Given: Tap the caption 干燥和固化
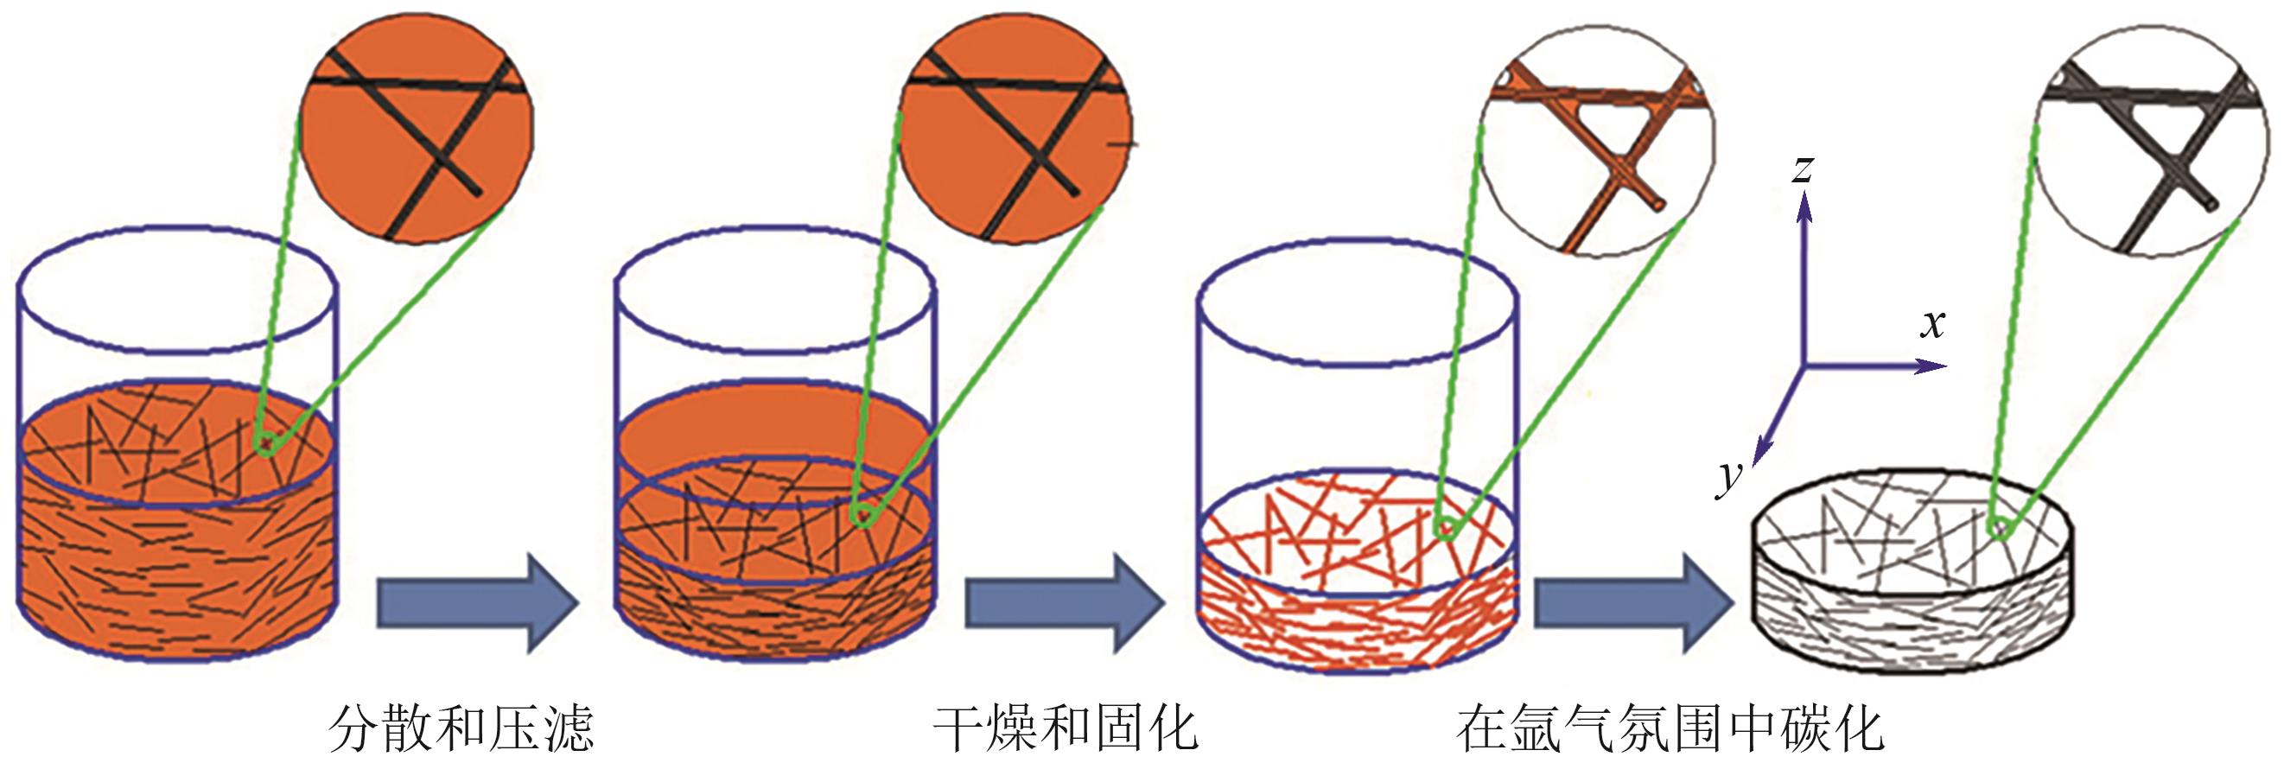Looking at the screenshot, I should point(1065,728).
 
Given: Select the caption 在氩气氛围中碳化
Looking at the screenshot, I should point(1669,728).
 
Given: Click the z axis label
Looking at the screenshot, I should point(1801,168).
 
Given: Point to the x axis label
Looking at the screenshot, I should point(1934,324).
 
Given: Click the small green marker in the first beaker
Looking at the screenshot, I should point(264,442).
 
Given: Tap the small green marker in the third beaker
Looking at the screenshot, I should point(1444,529).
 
